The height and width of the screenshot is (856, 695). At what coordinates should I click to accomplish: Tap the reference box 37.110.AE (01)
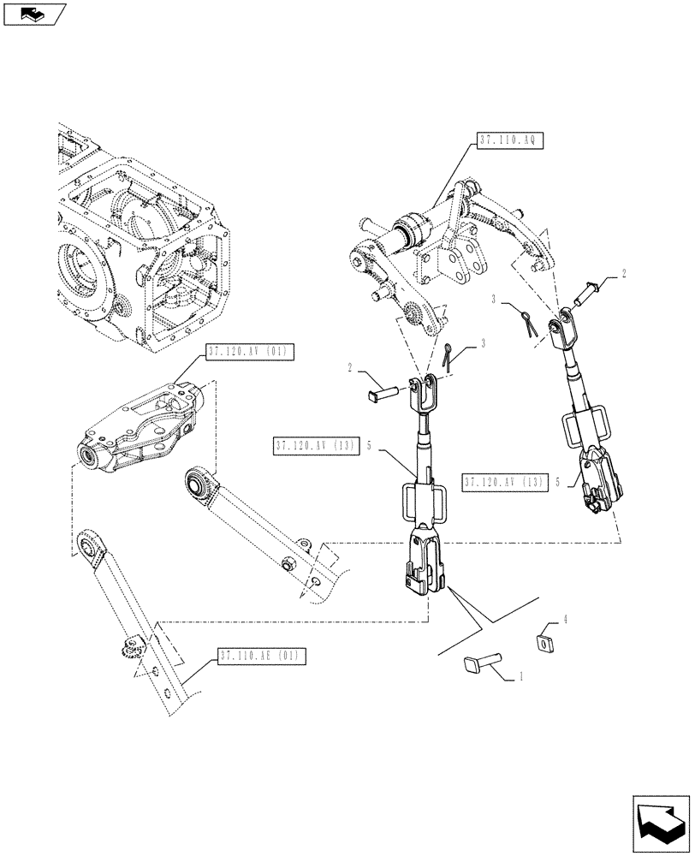click(x=261, y=657)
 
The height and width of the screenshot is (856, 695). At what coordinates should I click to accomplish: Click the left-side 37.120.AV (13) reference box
click(x=315, y=446)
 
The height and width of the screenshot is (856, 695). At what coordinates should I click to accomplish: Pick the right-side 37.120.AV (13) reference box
click(x=504, y=482)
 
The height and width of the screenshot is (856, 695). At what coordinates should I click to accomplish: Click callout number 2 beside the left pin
click(x=351, y=367)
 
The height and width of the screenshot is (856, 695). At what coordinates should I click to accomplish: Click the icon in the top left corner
click(x=34, y=15)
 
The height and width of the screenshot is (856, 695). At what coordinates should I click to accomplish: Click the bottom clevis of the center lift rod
click(x=425, y=565)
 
